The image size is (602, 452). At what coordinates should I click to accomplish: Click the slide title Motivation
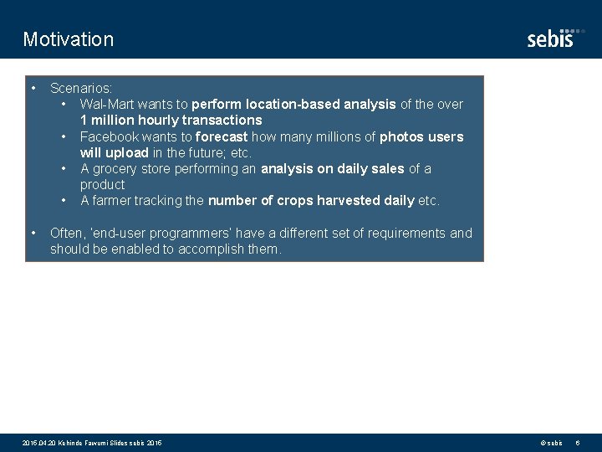click(69, 39)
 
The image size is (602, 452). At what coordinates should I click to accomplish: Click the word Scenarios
click(80, 88)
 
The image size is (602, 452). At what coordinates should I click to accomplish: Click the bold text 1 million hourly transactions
click(171, 121)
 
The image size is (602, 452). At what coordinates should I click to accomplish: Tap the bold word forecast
click(222, 136)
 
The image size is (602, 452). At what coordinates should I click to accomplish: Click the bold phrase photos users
click(421, 136)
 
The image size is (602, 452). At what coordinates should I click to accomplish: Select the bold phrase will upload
click(114, 152)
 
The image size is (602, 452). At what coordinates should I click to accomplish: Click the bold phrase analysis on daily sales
click(333, 169)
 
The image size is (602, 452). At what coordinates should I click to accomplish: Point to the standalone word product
click(102, 184)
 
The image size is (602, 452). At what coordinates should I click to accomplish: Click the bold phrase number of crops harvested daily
click(311, 201)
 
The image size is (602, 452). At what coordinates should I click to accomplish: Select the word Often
click(66, 233)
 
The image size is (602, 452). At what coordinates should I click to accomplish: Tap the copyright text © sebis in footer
click(551, 443)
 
